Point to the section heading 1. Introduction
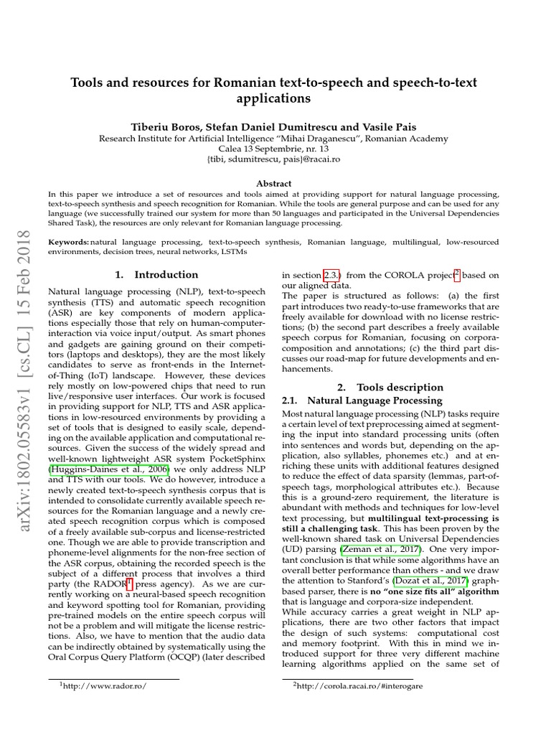(156, 274)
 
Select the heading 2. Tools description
(390, 387)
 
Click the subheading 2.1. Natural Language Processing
(362, 401)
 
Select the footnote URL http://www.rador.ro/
(105, 686)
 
